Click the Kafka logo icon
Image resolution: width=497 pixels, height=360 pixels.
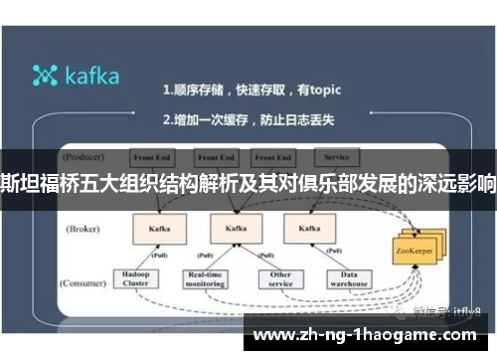pos(46,76)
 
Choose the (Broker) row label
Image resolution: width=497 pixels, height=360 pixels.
pos(84,229)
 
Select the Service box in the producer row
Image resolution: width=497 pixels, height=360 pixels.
pos(335,156)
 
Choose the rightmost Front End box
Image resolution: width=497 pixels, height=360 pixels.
pos(271,157)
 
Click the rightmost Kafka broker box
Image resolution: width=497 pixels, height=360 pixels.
pos(302,228)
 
